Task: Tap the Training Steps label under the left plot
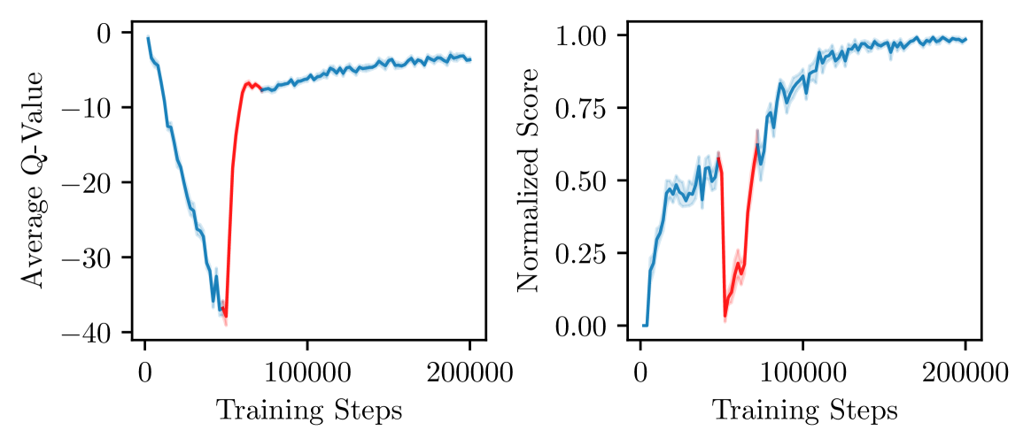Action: [309, 411]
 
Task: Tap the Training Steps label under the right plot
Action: [805, 411]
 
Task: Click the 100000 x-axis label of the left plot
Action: [307, 370]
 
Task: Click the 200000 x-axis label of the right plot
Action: [965, 370]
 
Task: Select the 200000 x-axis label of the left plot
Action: [469, 370]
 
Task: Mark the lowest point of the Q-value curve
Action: [226, 316]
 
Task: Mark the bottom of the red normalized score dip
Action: [725, 316]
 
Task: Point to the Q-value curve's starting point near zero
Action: [148, 38]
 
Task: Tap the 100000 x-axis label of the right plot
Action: [803, 370]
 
